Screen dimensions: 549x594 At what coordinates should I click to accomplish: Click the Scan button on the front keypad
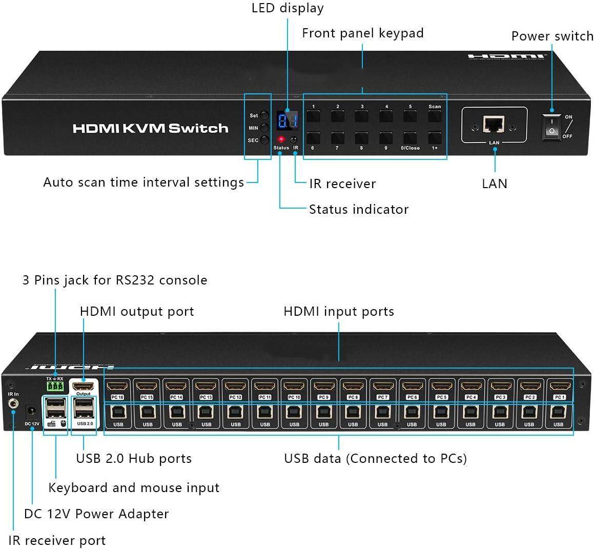(435, 116)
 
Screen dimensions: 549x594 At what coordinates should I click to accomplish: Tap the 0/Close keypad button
(410, 138)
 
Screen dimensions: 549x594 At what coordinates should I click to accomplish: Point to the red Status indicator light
(281, 139)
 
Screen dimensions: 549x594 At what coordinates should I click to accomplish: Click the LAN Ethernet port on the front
(494, 124)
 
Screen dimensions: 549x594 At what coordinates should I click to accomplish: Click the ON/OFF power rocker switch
(551, 125)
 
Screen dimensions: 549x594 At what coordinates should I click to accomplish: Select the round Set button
(264, 116)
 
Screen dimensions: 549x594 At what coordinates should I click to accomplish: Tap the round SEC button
(264, 140)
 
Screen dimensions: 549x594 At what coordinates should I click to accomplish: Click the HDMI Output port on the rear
(83, 387)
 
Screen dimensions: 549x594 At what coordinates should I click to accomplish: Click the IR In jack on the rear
(13, 405)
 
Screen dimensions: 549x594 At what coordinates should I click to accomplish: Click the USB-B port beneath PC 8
(353, 413)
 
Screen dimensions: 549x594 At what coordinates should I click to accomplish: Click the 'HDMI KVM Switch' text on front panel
(150, 128)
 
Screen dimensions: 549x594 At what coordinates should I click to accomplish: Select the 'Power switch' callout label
(552, 36)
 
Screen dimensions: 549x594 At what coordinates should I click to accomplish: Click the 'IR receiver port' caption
(57, 540)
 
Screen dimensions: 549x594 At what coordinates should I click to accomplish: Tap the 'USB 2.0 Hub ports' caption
(134, 458)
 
